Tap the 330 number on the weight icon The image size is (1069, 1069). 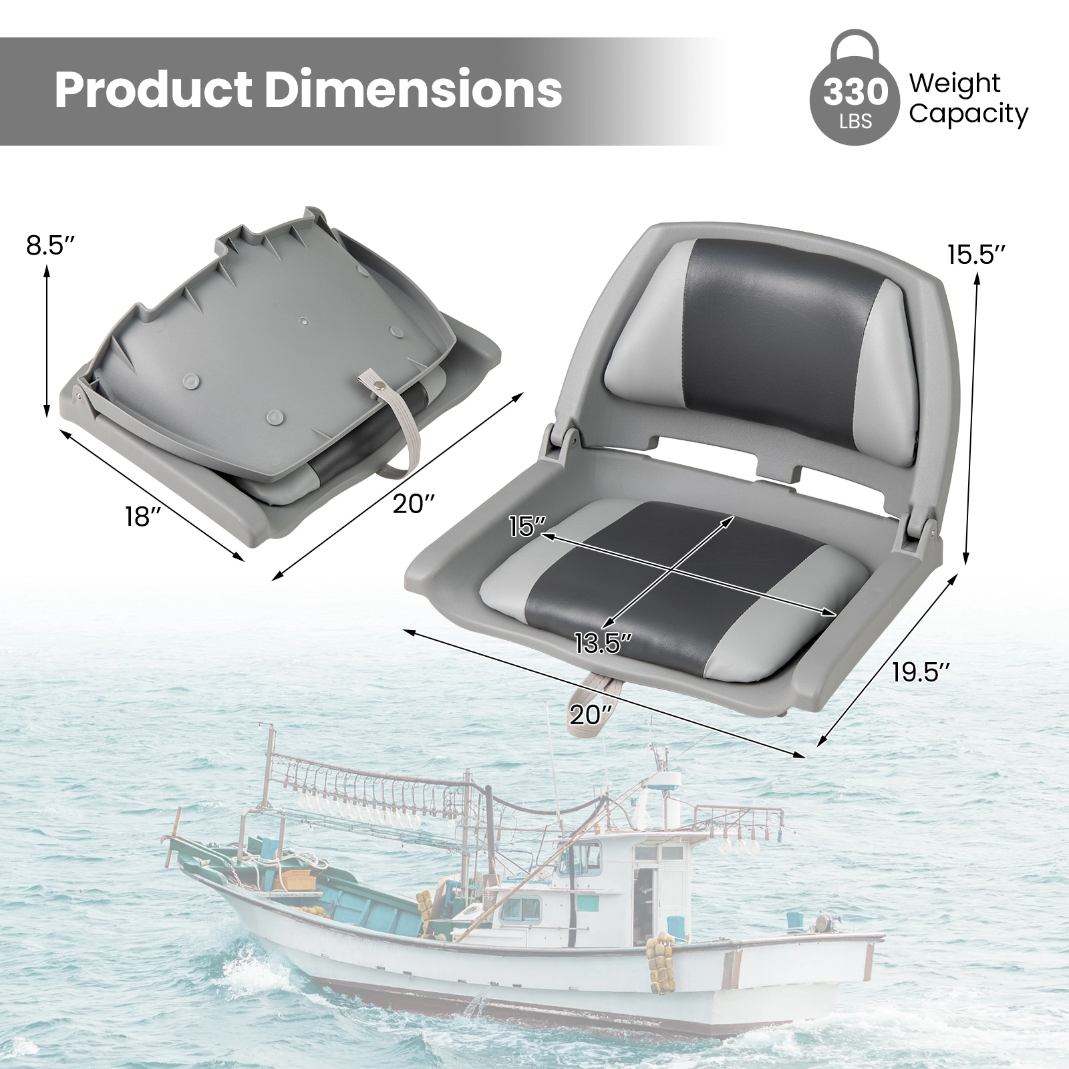(857, 94)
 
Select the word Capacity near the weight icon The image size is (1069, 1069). (968, 115)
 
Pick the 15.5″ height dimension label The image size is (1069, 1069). (976, 255)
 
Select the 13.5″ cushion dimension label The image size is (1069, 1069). (603, 643)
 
